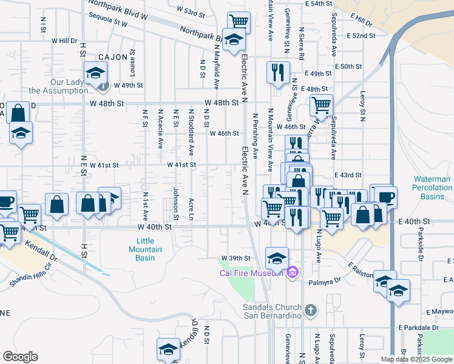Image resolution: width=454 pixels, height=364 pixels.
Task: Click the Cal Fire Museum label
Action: coord(251,272)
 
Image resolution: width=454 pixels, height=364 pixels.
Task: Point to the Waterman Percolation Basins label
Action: coord(432,187)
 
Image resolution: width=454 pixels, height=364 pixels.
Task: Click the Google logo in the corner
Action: coord(20,357)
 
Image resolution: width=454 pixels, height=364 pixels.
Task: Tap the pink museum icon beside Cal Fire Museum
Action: coord(293,271)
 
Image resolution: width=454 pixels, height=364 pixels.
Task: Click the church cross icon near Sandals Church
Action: coord(310,311)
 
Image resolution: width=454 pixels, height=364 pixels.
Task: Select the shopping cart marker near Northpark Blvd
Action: coord(240,22)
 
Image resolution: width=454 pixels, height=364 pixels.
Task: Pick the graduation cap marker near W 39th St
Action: coord(277,257)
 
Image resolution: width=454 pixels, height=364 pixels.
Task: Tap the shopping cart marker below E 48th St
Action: coord(321,106)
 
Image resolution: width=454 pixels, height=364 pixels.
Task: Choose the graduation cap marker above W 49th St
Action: coord(95,73)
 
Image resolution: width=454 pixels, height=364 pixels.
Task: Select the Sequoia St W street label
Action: coord(107,20)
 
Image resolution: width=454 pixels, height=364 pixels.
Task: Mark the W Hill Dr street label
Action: coord(65,41)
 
